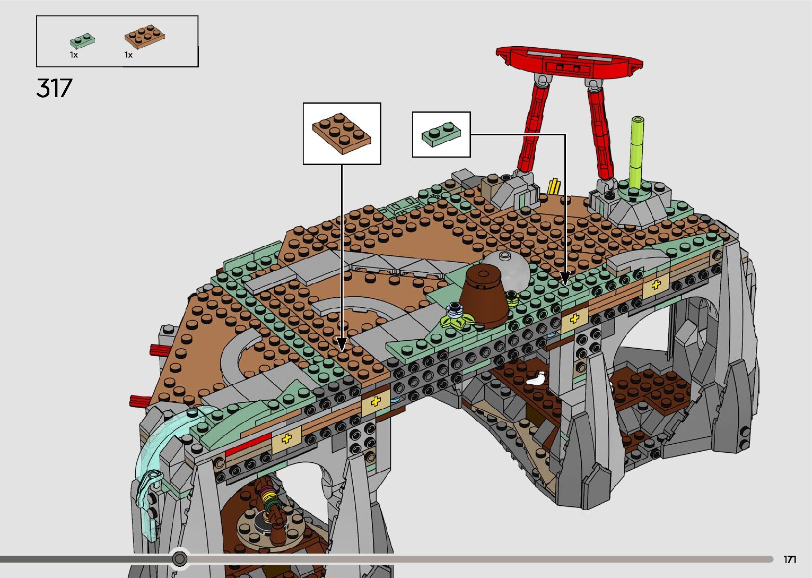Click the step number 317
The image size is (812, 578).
(x=55, y=88)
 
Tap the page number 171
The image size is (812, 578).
(x=790, y=559)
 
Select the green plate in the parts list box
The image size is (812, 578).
(x=82, y=41)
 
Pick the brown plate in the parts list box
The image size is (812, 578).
(x=145, y=36)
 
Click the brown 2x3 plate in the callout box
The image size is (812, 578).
(x=342, y=133)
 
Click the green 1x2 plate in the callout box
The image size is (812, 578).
(x=441, y=134)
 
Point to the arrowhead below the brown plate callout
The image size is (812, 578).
(x=342, y=344)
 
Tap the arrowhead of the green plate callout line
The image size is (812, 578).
(x=565, y=278)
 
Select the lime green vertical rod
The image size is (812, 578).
(x=637, y=152)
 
